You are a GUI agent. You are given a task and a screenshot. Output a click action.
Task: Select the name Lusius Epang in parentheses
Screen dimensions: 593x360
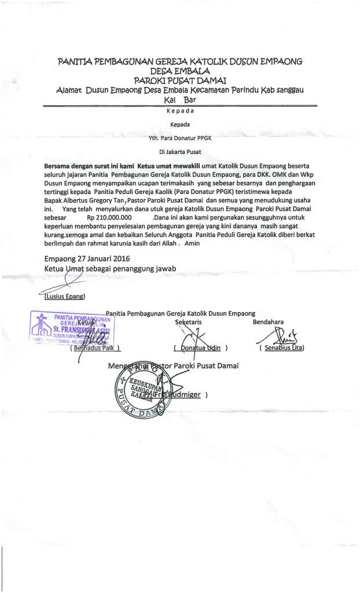64,297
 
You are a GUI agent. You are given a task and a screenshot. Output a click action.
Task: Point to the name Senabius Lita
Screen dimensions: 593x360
283,348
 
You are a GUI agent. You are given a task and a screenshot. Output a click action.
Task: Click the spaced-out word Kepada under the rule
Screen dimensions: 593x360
179,111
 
